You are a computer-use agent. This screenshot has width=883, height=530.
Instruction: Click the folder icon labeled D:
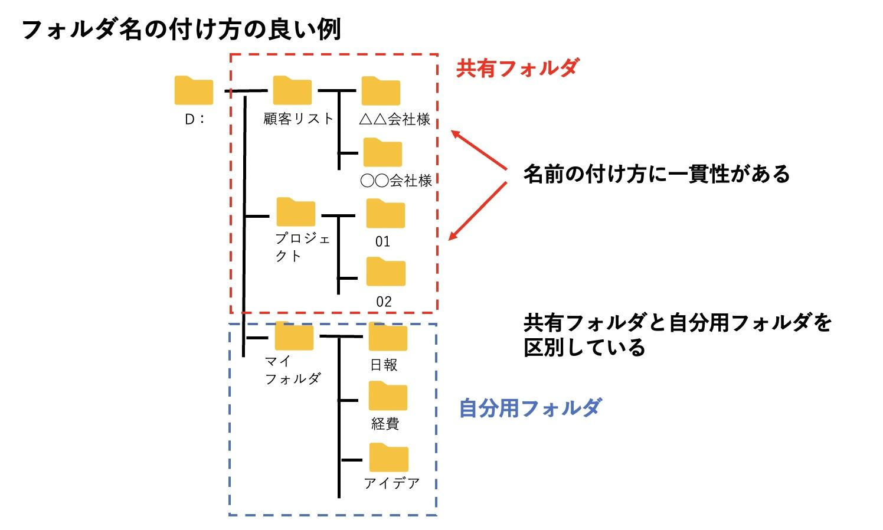point(194,90)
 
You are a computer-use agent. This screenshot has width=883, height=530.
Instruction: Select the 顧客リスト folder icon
point(292,90)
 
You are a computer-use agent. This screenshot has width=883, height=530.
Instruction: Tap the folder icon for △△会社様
point(381,91)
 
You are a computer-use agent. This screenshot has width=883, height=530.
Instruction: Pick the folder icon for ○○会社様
point(382,152)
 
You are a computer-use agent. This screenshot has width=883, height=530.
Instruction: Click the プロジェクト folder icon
point(296,212)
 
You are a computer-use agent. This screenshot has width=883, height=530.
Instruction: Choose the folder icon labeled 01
point(385,214)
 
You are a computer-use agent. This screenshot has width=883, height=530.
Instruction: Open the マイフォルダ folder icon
point(294,336)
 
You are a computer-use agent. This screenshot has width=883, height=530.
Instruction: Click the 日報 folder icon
point(388,337)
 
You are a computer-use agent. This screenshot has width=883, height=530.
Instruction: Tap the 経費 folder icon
point(388,396)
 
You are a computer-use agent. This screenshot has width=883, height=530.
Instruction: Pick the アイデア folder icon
point(389,457)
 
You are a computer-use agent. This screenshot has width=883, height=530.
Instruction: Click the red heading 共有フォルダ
point(517,68)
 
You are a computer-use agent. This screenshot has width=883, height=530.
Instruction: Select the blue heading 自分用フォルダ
point(530,408)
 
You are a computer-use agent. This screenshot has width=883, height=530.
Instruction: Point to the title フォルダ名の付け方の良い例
point(181,29)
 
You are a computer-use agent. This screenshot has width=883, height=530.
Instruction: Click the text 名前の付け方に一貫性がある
point(656,174)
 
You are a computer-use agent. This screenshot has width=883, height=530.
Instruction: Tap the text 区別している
point(584,348)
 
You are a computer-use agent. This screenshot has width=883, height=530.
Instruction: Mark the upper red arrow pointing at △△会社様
point(479,151)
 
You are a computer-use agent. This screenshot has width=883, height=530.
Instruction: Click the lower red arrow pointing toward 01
point(478,211)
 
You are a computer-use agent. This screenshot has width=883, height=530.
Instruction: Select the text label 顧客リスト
point(299,119)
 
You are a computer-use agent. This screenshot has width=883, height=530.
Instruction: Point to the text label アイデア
point(391,483)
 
